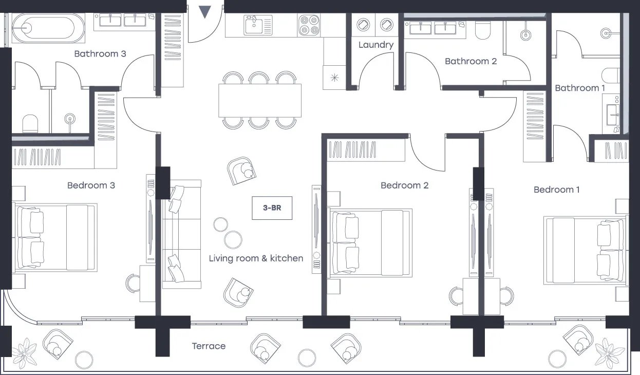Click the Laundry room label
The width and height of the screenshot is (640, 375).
[376, 45]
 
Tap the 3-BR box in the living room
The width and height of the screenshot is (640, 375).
[272, 208]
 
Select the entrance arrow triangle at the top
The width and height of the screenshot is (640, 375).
[204, 12]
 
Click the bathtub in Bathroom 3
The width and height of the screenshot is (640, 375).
[48, 28]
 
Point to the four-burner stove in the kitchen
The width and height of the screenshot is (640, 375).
[309, 25]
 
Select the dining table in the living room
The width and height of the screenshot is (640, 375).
[260, 100]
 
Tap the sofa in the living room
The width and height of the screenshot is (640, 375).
[181, 234]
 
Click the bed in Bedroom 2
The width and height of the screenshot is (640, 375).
[370, 243]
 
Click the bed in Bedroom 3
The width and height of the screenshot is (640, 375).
[56, 237]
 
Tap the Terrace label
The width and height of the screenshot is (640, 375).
[209, 346]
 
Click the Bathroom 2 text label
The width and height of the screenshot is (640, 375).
[471, 61]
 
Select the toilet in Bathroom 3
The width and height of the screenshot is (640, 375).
[30, 123]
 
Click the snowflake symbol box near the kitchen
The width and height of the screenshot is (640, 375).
[334, 78]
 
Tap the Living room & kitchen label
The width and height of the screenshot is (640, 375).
[256, 258]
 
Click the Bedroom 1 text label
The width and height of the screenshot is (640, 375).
[557, 190]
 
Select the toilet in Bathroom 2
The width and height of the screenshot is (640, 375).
[483, 30]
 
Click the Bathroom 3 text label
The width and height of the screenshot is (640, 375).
[100, 54]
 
